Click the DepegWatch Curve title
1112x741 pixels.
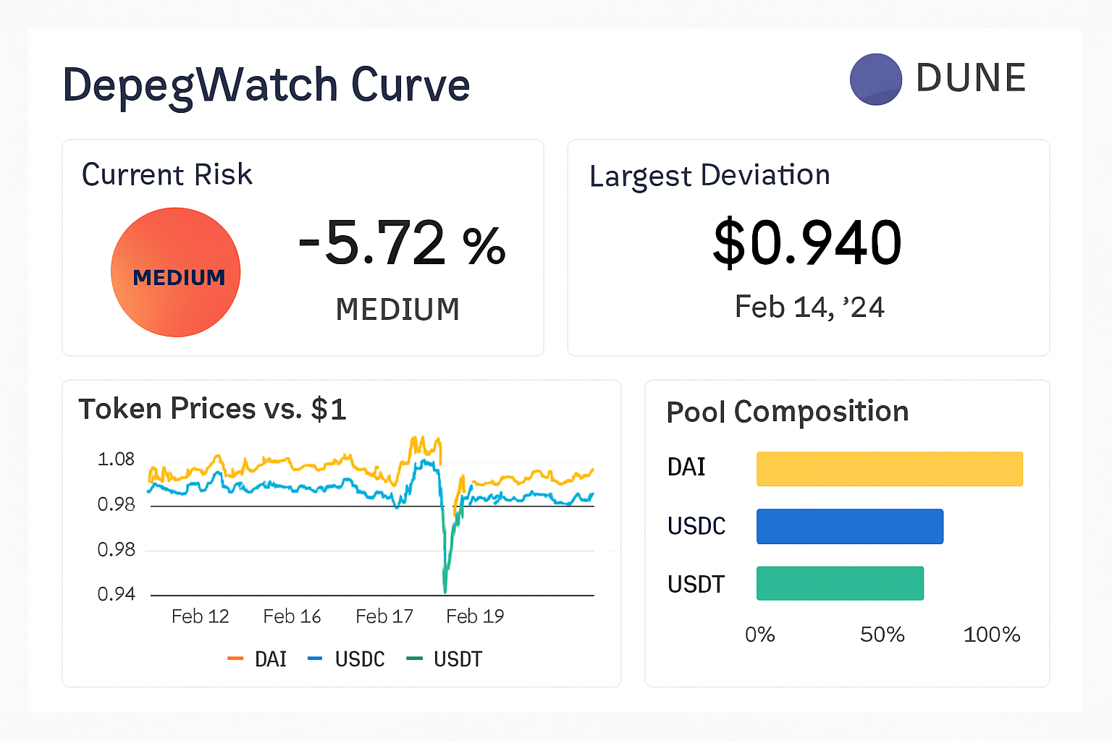point(266,85)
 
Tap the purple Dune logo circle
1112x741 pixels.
point(875,80)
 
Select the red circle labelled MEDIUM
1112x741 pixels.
point(176,273)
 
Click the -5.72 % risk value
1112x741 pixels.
point(402,244)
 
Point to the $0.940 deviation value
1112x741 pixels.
point(807,243)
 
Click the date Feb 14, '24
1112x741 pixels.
point(809,308)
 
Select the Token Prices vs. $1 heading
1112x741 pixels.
point(212,410)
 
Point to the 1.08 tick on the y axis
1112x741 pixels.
point(116,460)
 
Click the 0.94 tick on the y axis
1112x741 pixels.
point(116,594)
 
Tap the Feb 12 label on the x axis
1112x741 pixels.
point(200,617)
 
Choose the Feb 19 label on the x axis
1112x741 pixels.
point(475,617)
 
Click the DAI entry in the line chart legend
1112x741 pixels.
point(258,659)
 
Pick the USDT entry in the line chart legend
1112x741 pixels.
point(445,659)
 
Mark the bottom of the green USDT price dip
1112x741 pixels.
point(445,590)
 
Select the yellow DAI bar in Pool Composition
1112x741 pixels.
point(889,469)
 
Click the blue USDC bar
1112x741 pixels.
point(849,526)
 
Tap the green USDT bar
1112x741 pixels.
point(840,583)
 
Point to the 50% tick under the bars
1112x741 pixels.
point(882,635)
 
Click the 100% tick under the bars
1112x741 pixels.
point(991,635)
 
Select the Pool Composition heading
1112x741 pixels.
point(787,412)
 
